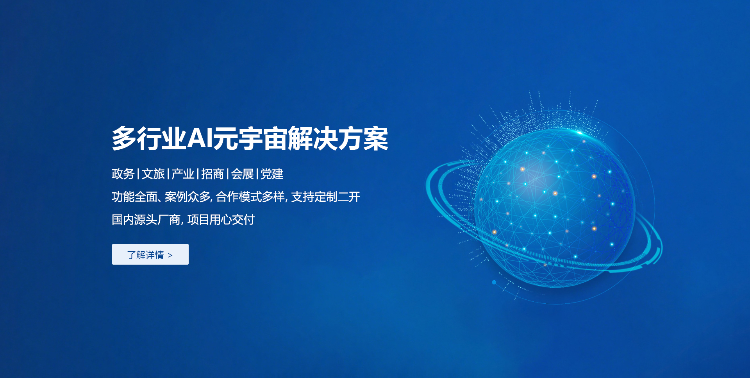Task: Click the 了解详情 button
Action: click(150, 254)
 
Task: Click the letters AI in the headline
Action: click(200, 138)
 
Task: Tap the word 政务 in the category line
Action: click(123, 174)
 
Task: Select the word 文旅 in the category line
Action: click(153, 174)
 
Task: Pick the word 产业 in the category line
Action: click(183, 174)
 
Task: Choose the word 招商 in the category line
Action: click(212, 174)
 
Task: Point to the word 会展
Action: click(242, 174)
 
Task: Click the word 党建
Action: click(272, 174)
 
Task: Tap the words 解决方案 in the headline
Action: click(338, 139)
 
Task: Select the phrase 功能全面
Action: click(134, 197)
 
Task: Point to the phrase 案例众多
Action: click(187, 197)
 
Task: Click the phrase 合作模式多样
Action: click(250, 197)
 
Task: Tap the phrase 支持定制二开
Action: click(326, 197)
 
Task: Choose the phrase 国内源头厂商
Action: click(146, 220)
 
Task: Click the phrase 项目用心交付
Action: click(221, 220)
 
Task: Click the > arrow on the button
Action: click(170, 255)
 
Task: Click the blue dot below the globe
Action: click(494, 282)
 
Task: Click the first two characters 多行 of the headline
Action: click(137, 139)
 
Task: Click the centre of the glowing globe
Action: click(555, 208)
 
